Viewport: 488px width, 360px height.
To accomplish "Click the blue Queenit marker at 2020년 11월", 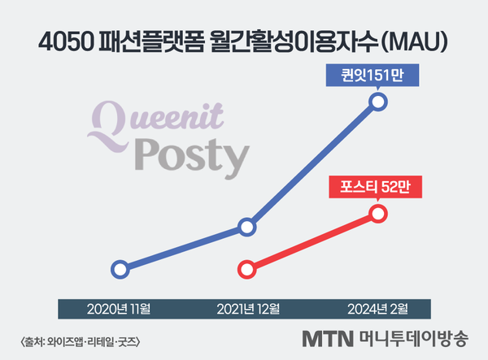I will pos(120,269).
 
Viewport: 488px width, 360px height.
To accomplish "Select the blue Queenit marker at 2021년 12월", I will pos(247,228).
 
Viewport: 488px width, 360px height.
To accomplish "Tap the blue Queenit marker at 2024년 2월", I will pos(378,102).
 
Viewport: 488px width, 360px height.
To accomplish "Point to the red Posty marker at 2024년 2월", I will pos(378,214).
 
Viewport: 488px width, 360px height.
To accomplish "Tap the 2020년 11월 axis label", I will pos(118,309).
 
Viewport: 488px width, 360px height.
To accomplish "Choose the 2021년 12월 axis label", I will pos(248,309).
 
